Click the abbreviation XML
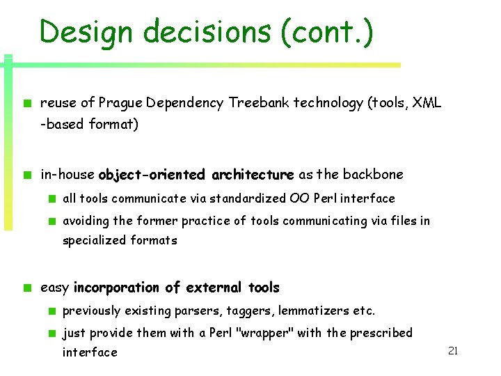tap(427, 103)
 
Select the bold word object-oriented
tap(152, 174)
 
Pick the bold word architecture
tap(253, 174)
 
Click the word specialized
tap(95, 240)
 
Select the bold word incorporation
tap(116, 288)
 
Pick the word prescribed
tap(381, 333)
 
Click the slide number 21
tap(452, 351)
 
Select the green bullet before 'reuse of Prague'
tap(26, 103)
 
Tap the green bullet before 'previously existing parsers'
tap(52, 311)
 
